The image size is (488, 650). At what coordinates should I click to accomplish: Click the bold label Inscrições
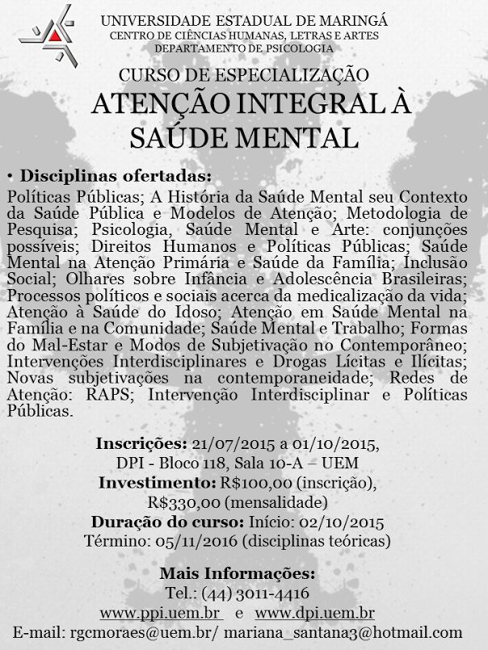tap(141, 443)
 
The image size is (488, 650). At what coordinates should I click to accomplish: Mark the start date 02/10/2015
tap(345, 521)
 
